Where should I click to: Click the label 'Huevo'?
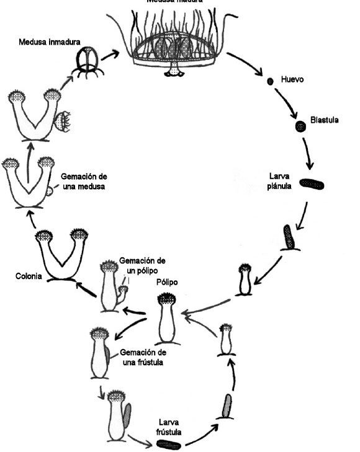(x=292, y=80)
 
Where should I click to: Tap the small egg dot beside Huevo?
(x=270, y=81)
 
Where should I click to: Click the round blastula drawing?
(x=300, y=126)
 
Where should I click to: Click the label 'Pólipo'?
(x=168, y=282)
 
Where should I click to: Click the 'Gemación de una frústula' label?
(x=142, y=357)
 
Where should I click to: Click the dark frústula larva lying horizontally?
(x=168, y=444)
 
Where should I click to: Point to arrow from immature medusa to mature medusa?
(x=110, y=56)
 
